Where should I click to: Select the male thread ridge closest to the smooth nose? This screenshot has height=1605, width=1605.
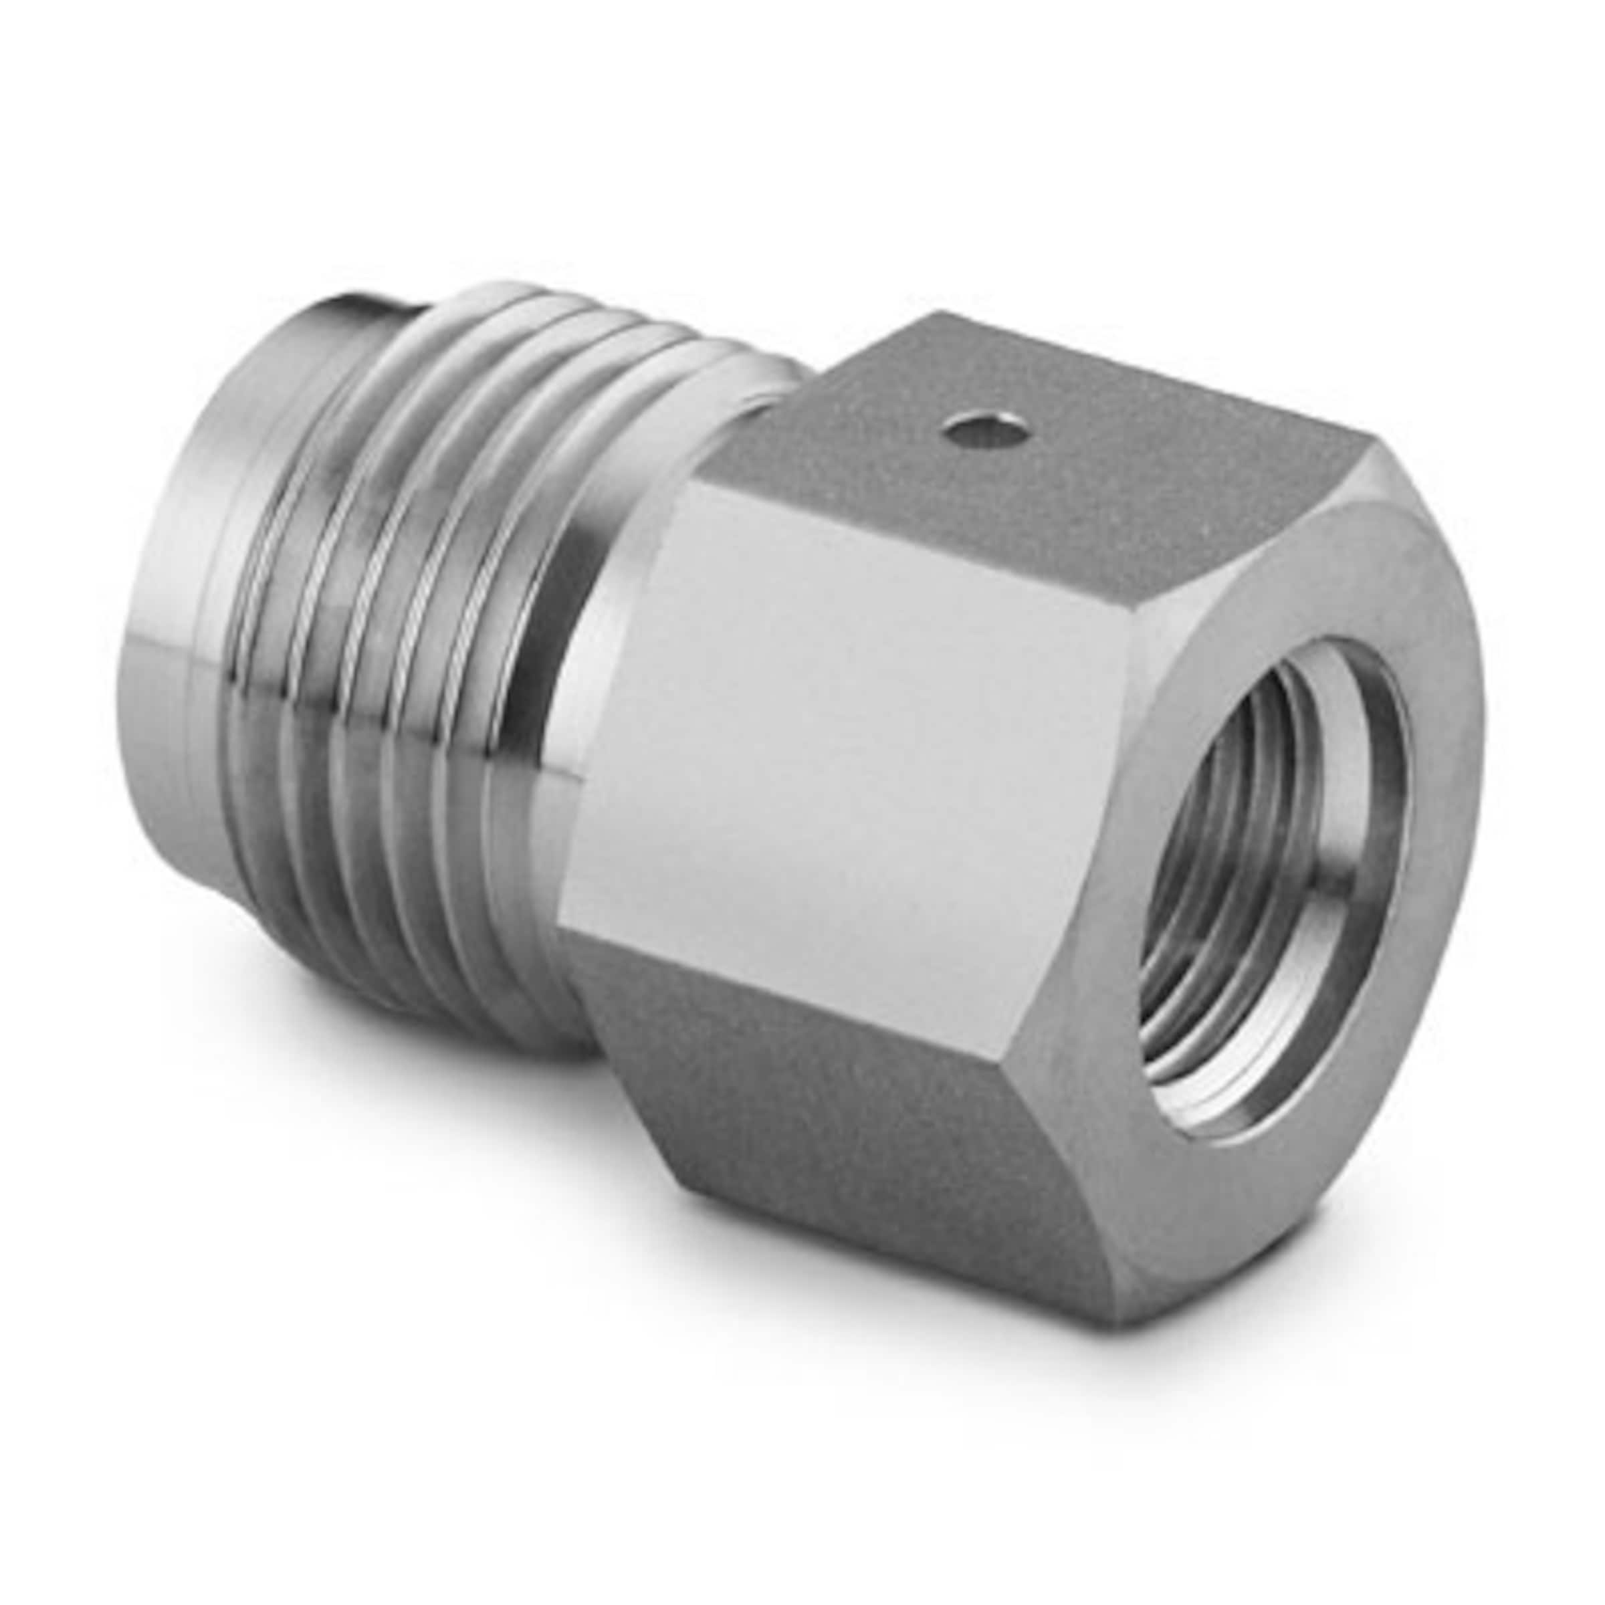(274, 665)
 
